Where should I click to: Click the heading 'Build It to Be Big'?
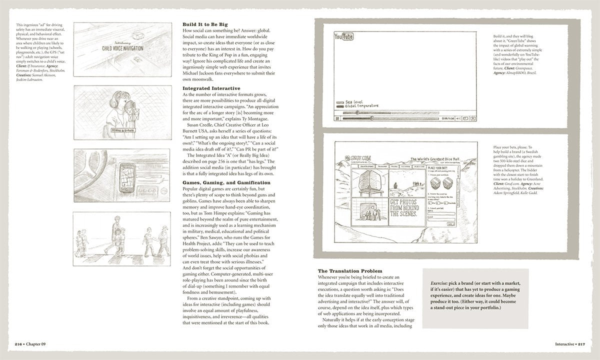click(x=205, y=24)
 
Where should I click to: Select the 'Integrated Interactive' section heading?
click(x=211, y=88)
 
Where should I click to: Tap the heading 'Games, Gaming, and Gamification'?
click(x=226, y=182)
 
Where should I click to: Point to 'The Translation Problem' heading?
click(x=350, y=270)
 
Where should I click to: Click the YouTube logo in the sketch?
click(x=344, y=36)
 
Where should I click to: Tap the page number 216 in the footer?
click(x=19, y=344)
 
